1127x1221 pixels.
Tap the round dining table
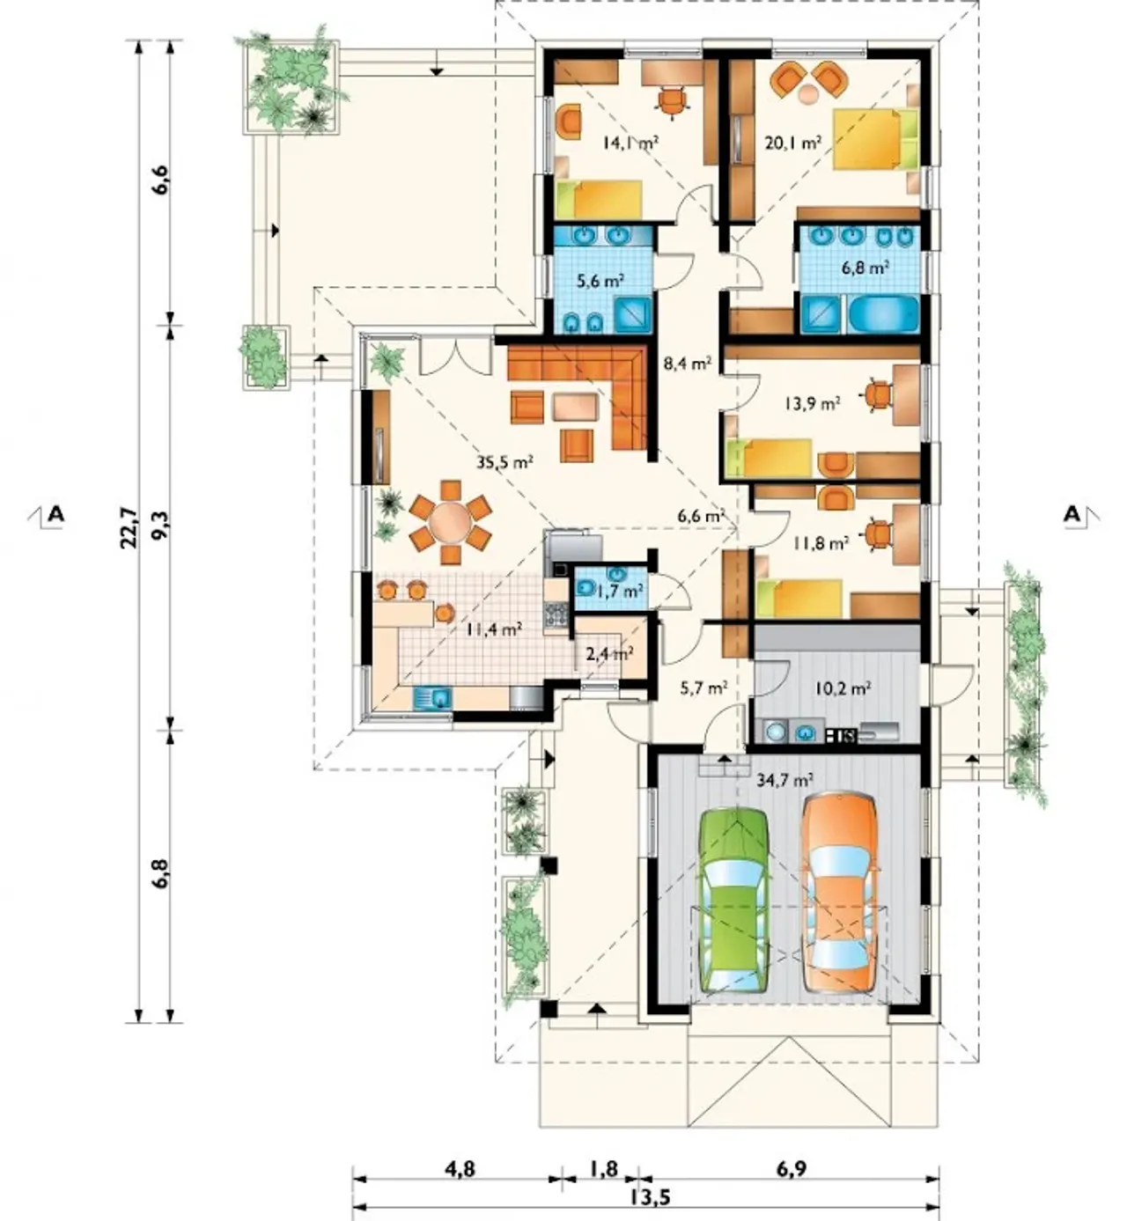point(451,523)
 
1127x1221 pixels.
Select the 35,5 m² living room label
point(505,462)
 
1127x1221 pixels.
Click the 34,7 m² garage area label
point(784,780)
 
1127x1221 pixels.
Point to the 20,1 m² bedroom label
point(793,143)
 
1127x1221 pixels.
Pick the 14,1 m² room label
point(630,143)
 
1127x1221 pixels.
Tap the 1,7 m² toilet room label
point(618,591)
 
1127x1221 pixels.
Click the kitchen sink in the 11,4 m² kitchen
point(433,698)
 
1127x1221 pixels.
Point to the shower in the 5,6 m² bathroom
point(634,315)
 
